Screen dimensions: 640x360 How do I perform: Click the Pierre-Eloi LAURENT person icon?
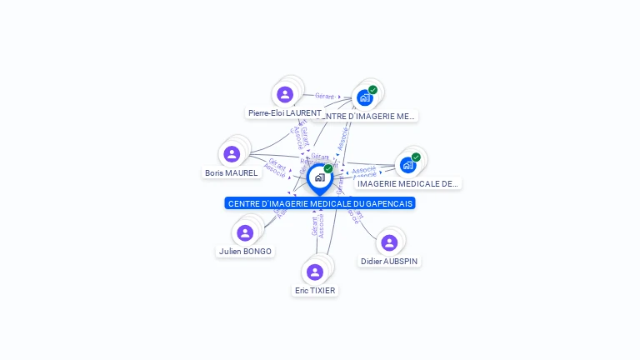285,94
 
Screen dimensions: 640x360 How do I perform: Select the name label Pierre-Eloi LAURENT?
284,112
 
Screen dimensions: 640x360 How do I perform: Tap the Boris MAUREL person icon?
232,154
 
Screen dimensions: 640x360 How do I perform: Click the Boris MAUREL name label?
232,173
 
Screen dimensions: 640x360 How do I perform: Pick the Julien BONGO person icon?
245,232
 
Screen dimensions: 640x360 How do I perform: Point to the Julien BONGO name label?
245,252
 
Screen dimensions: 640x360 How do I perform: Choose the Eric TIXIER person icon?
314,272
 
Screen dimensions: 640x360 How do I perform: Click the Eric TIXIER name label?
315,291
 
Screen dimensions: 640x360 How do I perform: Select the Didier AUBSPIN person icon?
389,242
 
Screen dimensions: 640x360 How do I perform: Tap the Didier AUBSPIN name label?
389,261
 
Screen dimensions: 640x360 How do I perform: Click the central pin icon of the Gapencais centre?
319,177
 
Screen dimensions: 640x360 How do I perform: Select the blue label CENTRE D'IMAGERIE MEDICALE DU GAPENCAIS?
320,203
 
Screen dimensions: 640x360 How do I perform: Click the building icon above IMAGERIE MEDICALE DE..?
407,164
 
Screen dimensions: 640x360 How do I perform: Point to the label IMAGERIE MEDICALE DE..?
407,183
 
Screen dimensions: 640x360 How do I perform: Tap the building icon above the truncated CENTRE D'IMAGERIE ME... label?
364,97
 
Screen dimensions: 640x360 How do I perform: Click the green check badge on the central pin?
328,169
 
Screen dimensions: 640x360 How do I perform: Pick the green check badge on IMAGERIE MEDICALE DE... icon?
416,157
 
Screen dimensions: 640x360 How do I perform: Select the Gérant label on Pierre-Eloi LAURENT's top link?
324,96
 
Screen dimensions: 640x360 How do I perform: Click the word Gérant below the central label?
314,226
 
